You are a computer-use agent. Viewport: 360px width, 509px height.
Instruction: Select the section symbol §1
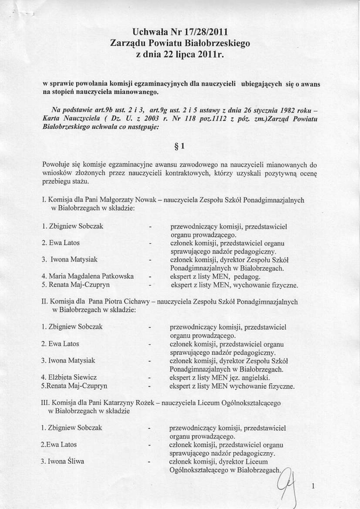click(x=180, y=147)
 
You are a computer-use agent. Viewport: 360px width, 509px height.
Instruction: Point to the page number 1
click(x=313, y=487)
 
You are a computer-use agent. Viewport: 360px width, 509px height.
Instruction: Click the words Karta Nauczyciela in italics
click(x=74, y=119)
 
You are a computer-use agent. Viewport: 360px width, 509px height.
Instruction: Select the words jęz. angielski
click(x=257, y=378)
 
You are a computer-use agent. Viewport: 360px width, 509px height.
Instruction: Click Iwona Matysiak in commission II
click(x=69, y=360)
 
